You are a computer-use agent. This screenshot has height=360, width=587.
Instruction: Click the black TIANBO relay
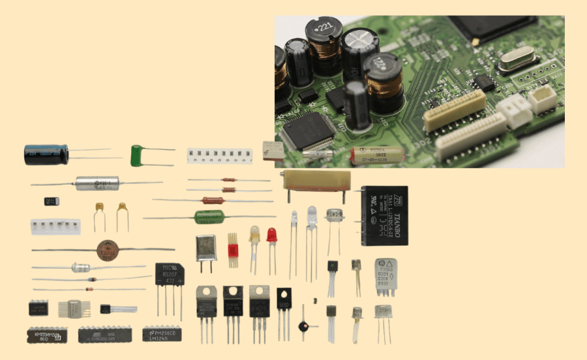(x=385, y=215)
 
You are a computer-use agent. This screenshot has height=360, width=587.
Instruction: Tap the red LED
(x=272, y=235)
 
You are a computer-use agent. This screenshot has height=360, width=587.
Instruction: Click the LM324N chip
(x=161, y=335)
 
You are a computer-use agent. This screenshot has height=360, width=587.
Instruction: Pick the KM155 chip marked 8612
(x=44, y=335)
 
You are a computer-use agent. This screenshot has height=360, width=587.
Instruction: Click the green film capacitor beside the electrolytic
(x=137, y=155)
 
